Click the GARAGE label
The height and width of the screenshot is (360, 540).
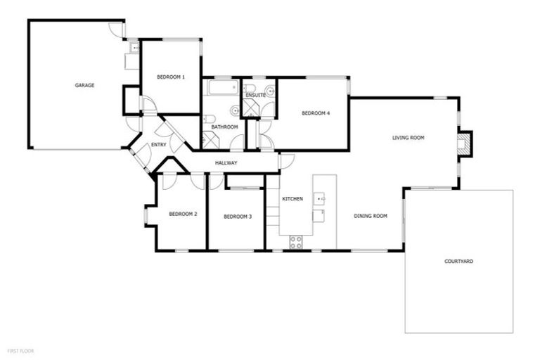coord(84,85)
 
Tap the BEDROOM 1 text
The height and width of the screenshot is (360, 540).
coord(170,77)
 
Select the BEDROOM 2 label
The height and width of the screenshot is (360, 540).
coord(181,214)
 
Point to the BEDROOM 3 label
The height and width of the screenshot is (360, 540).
coord(237,217)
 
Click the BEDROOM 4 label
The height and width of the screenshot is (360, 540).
coord(316,113)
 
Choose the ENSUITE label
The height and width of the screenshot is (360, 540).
coord(255,94)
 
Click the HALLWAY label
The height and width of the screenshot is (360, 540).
coord(226,163)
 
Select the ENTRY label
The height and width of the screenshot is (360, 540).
coord(159,146)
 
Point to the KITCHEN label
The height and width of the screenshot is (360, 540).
coord(292,199)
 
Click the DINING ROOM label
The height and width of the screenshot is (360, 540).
coord(371,216)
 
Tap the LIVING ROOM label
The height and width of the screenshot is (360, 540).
coord(409,138)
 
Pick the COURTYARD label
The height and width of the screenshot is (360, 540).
coord(458,261)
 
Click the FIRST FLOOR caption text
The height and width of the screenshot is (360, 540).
coord(20,349)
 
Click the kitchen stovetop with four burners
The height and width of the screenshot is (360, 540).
coord(296,242)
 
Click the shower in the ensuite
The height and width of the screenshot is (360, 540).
coord(252,108)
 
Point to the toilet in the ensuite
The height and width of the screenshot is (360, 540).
coord(250,89)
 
